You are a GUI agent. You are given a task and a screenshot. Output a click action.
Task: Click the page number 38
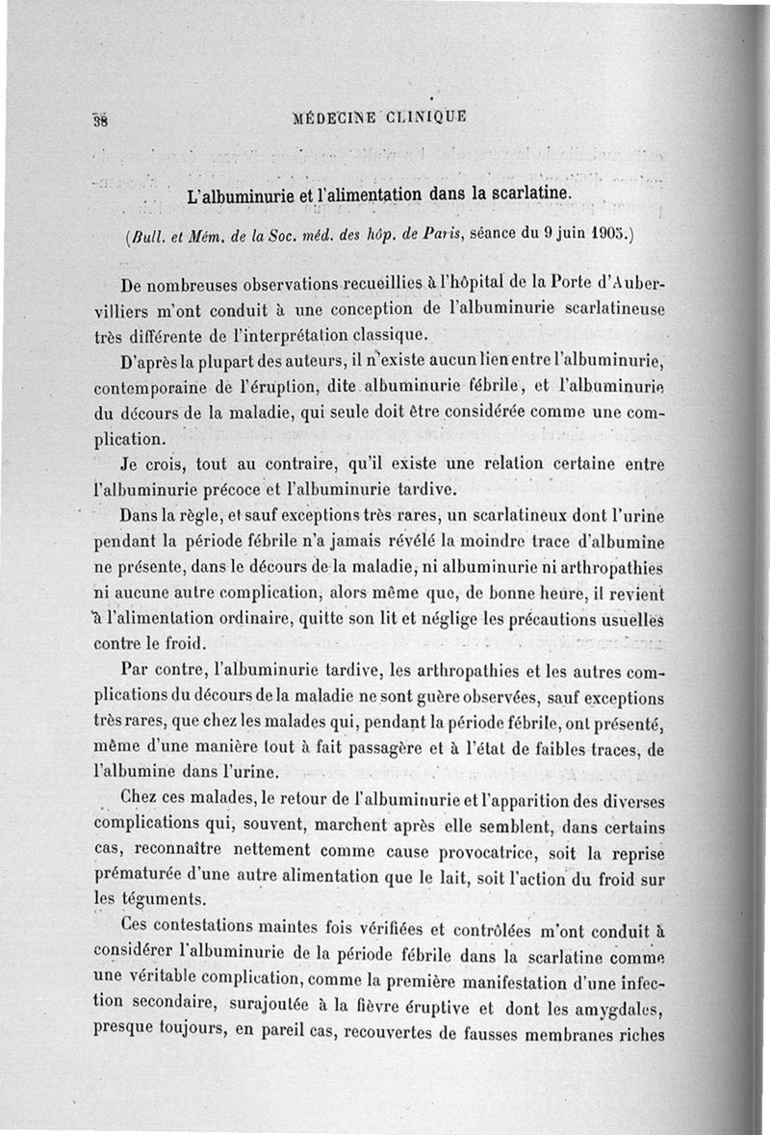(x=99, y=121)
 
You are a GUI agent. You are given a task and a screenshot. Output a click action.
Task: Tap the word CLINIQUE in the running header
(x=425, y=118)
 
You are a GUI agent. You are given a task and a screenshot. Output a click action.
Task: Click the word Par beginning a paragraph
(x=138, y=668)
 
